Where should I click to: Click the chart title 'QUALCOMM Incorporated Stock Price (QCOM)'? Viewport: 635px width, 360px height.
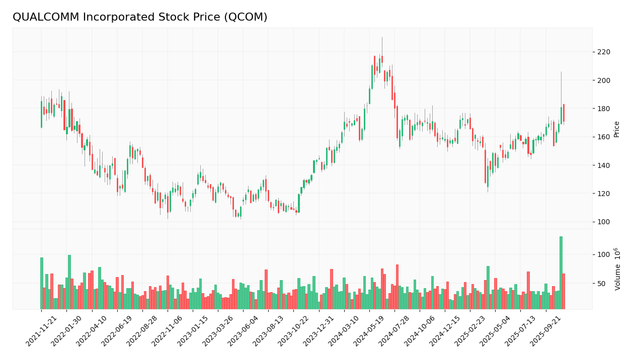pyautogui.click(x=140, y=17)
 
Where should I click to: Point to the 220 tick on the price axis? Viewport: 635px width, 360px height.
pyautogui.click(x=603, y=52)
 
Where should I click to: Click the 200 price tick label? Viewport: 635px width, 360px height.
pyautogui.click(x=603, y=80)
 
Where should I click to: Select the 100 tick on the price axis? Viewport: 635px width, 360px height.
pyautogui.click(x=603, y=222)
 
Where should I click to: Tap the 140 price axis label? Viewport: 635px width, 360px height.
pyautogui.click(x=603, y=165)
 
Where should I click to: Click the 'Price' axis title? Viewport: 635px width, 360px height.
pyautogui.click(x=616, y=129)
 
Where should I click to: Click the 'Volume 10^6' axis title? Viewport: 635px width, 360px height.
pyautogui.click(x=617, y=268)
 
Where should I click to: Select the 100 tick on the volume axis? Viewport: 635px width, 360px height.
pyautogui.click(x=603, y=255)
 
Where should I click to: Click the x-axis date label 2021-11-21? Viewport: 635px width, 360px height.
pyautogui.click(x=42, y=332)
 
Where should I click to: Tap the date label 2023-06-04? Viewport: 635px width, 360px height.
pyautogui.click(x=244, y=332)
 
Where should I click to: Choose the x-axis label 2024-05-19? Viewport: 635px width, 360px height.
pyautogui.click(x=370, y=332)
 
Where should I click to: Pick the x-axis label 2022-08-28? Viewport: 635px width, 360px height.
pyautogui.click(x=142, y=332)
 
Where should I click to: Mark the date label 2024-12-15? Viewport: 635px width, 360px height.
pyautogui.click(x=445, y=332)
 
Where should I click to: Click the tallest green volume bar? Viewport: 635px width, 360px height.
pyautogui.click(x=561, y=273)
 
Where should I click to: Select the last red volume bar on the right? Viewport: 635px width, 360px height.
pyautogui.click(x=564, y=291)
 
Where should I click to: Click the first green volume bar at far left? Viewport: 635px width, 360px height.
pyautogui.click(x=42, y=283)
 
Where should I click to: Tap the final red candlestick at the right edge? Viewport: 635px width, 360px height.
pyautogui.click(x=564, y=113)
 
